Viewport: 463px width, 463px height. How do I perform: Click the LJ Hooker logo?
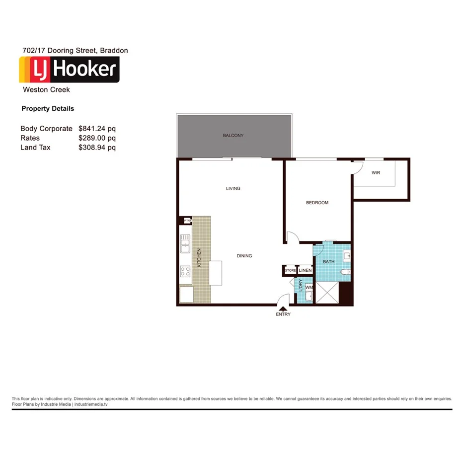click(x=69, y=70)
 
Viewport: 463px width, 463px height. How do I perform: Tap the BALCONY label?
click(x=233, y=136)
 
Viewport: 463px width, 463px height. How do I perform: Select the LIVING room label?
click(x=233, y=188)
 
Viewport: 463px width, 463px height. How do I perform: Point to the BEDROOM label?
click(x=317, y=203)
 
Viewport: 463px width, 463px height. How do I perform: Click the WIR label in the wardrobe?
click(x=376, y=173)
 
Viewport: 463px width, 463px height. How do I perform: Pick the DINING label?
click(x=244, y=256)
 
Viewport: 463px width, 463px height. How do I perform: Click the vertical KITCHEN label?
click(x=200, y=258)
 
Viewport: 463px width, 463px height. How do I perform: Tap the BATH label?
click(x=329, y=261)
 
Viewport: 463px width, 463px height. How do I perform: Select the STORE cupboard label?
click(x=290, y=270)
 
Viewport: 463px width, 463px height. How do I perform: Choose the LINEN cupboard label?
click(x=305, y=270)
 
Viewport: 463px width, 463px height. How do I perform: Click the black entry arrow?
click(x=283, y=308)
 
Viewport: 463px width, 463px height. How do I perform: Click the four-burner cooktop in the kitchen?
click(x=185, y=271)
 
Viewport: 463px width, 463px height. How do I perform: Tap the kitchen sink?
click(x=185, y=243)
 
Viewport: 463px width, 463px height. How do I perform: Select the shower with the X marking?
click(x=328, y=293)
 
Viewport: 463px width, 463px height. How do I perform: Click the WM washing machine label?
click(x=309, y=287)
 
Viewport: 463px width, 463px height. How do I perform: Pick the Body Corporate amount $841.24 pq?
click(x=97, y=129)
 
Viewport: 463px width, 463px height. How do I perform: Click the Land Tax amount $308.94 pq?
click(x=97, y=148)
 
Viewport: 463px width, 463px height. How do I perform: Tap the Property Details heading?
click(x=48, y=109)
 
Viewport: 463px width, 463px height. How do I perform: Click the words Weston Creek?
click(x=46, y=90)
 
